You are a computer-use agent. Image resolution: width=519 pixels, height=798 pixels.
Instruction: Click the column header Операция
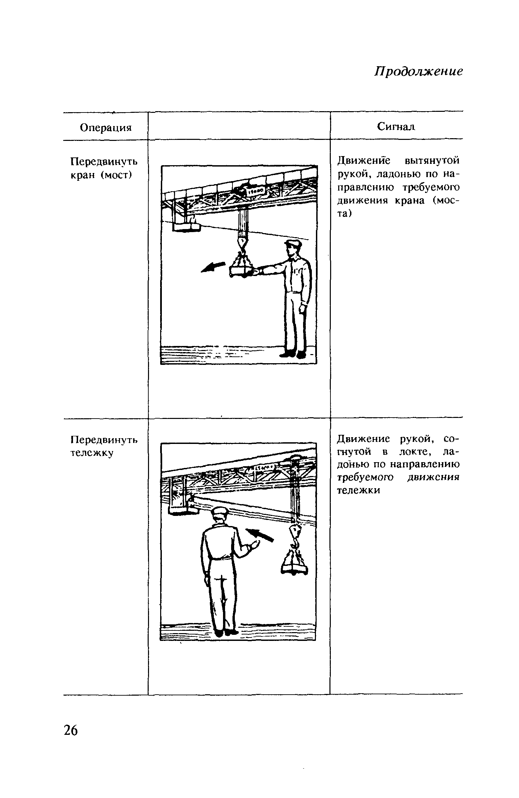(x=105, y=128)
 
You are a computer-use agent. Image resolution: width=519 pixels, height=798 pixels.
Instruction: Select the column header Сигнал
(x=396, y=127)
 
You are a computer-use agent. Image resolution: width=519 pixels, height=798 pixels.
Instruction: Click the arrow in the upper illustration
(x=213, y=267)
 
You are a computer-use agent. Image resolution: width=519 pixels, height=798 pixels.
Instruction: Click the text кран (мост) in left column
(x=100, y=175)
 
